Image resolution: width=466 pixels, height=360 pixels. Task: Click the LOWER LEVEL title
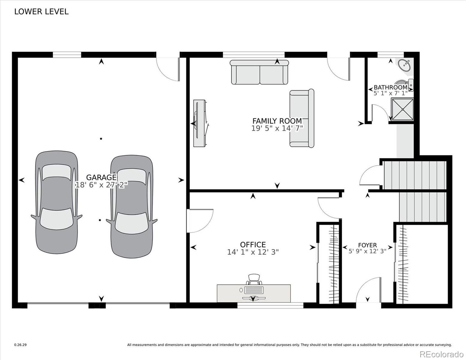41,12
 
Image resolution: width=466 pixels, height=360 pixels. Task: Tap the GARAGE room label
101,177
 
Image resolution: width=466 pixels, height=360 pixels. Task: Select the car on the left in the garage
57,202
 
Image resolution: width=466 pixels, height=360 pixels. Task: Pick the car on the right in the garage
132,207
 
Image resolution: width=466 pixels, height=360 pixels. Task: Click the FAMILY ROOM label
277,121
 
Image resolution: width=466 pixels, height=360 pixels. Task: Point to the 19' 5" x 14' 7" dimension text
277,128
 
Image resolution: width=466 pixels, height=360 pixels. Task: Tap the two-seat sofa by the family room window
259,72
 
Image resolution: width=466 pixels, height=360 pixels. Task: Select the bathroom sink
404,65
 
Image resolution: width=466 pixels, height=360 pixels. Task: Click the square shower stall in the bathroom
402,109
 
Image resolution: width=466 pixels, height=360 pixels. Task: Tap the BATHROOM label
390,88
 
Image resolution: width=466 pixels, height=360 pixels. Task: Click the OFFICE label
253,244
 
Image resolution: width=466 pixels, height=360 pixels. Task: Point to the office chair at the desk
254,279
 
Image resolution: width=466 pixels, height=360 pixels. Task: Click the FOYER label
367,245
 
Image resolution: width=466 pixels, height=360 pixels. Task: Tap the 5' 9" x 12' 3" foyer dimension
367,251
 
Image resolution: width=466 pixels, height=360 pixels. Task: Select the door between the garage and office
200,220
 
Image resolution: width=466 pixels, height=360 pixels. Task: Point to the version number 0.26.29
20,345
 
